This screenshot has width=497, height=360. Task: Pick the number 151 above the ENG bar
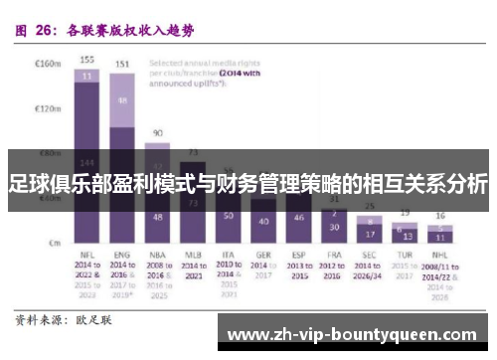tap(122, 65)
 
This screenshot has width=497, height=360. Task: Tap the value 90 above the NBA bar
tap(157, 132)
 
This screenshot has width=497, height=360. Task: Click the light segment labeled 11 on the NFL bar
tap(87, 75)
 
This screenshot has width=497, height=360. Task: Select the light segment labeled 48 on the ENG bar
tap(122, 100)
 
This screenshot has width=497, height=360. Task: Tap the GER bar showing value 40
tap(263, 220)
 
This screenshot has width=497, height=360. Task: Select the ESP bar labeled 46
tap(299, 217)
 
